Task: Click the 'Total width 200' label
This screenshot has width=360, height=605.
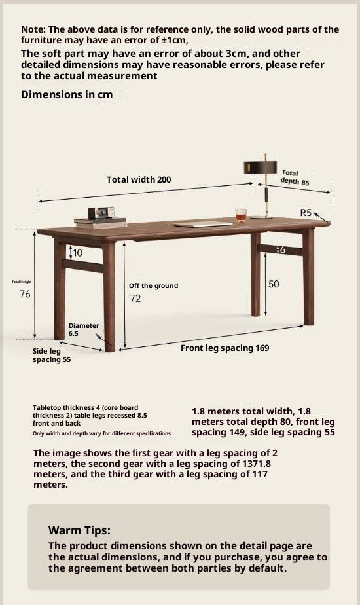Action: point(139,179)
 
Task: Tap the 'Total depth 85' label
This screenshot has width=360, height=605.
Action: point(295,177)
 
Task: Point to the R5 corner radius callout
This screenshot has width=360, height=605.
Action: point(306,213)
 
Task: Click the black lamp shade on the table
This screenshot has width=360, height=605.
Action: point(261,168)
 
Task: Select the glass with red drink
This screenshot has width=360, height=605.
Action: point(240,215)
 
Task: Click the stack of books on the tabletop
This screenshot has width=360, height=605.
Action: point(99,221)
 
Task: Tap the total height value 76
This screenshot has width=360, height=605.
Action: point(25,294)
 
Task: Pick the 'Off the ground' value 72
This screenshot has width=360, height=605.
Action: point(135,299)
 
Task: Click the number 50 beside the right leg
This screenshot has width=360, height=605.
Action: point(274,284)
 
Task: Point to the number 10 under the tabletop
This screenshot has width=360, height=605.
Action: point(78,253)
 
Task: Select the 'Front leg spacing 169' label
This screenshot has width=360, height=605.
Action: point(225,348)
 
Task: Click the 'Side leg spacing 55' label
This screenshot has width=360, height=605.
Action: point(51,356)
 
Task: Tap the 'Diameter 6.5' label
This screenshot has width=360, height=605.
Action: point(83,329)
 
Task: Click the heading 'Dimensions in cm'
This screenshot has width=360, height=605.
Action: point(67,94)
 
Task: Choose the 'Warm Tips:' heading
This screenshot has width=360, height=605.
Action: point(79,530)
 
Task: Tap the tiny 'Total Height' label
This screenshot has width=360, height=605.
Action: point(22,282)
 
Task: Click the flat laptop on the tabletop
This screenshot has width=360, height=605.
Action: point(202,224)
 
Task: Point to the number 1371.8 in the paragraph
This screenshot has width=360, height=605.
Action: point(256,464)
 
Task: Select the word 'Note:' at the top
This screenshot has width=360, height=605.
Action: point(33,29)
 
